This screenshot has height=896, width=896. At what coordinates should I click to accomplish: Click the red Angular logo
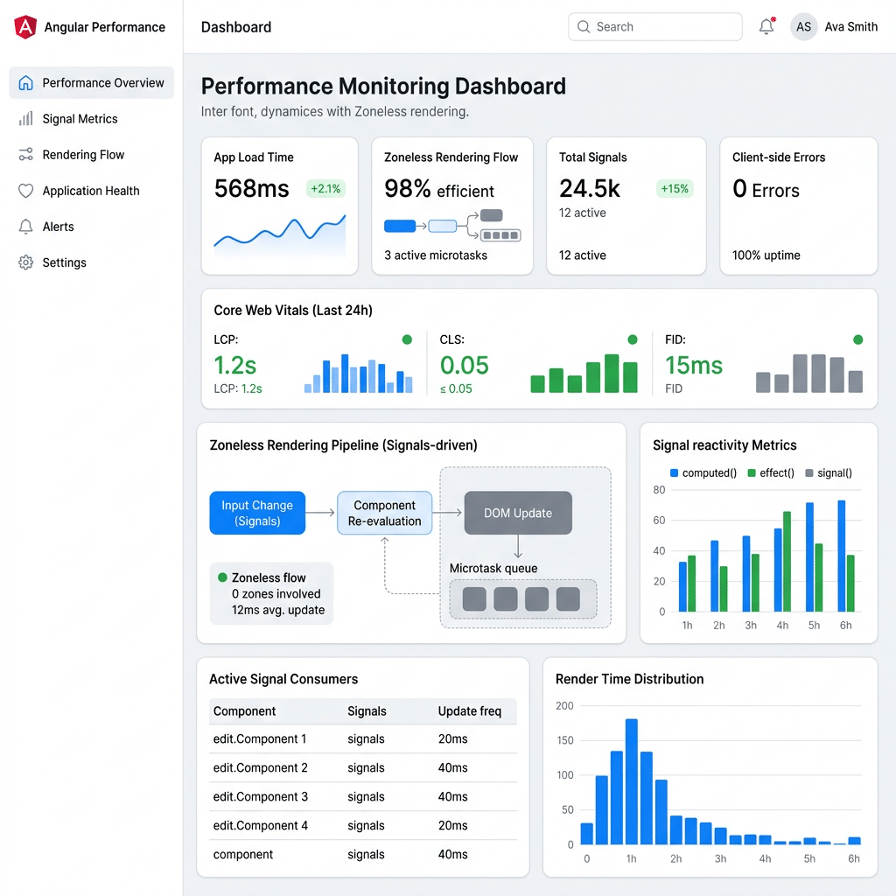pos(25,27)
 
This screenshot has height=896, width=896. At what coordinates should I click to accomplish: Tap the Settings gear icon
pos(25,262)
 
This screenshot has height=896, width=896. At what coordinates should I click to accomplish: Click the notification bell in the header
pos(766,26)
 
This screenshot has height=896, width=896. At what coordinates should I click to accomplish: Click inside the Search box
pos(654,27)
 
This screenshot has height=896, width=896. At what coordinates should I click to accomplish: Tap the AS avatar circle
pos(803,27)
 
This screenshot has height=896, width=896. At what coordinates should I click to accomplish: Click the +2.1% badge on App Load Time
pos(325,189)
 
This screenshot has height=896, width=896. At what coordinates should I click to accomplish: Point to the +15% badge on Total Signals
pos(675,189)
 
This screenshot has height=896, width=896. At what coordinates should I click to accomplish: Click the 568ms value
pos(251,189)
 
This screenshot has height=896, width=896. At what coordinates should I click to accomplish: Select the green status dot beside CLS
pos(633,339)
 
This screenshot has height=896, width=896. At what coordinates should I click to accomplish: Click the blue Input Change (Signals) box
pos(257,513)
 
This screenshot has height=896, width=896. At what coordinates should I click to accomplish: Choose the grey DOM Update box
pos(518,513)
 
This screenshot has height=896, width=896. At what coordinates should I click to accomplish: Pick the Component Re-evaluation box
pos(385,513)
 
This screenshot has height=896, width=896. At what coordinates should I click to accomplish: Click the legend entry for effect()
pos(771,473)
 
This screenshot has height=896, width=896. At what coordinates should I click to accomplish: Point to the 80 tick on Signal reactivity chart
pos(659,490)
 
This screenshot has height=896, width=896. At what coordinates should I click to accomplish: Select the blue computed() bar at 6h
pos(841,556)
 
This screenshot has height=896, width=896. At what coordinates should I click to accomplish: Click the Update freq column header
pos(469,710)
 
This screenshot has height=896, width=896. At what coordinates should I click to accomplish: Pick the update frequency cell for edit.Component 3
pos(452,796)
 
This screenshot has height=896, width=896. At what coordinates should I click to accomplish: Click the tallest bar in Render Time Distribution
pos(632,781)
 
